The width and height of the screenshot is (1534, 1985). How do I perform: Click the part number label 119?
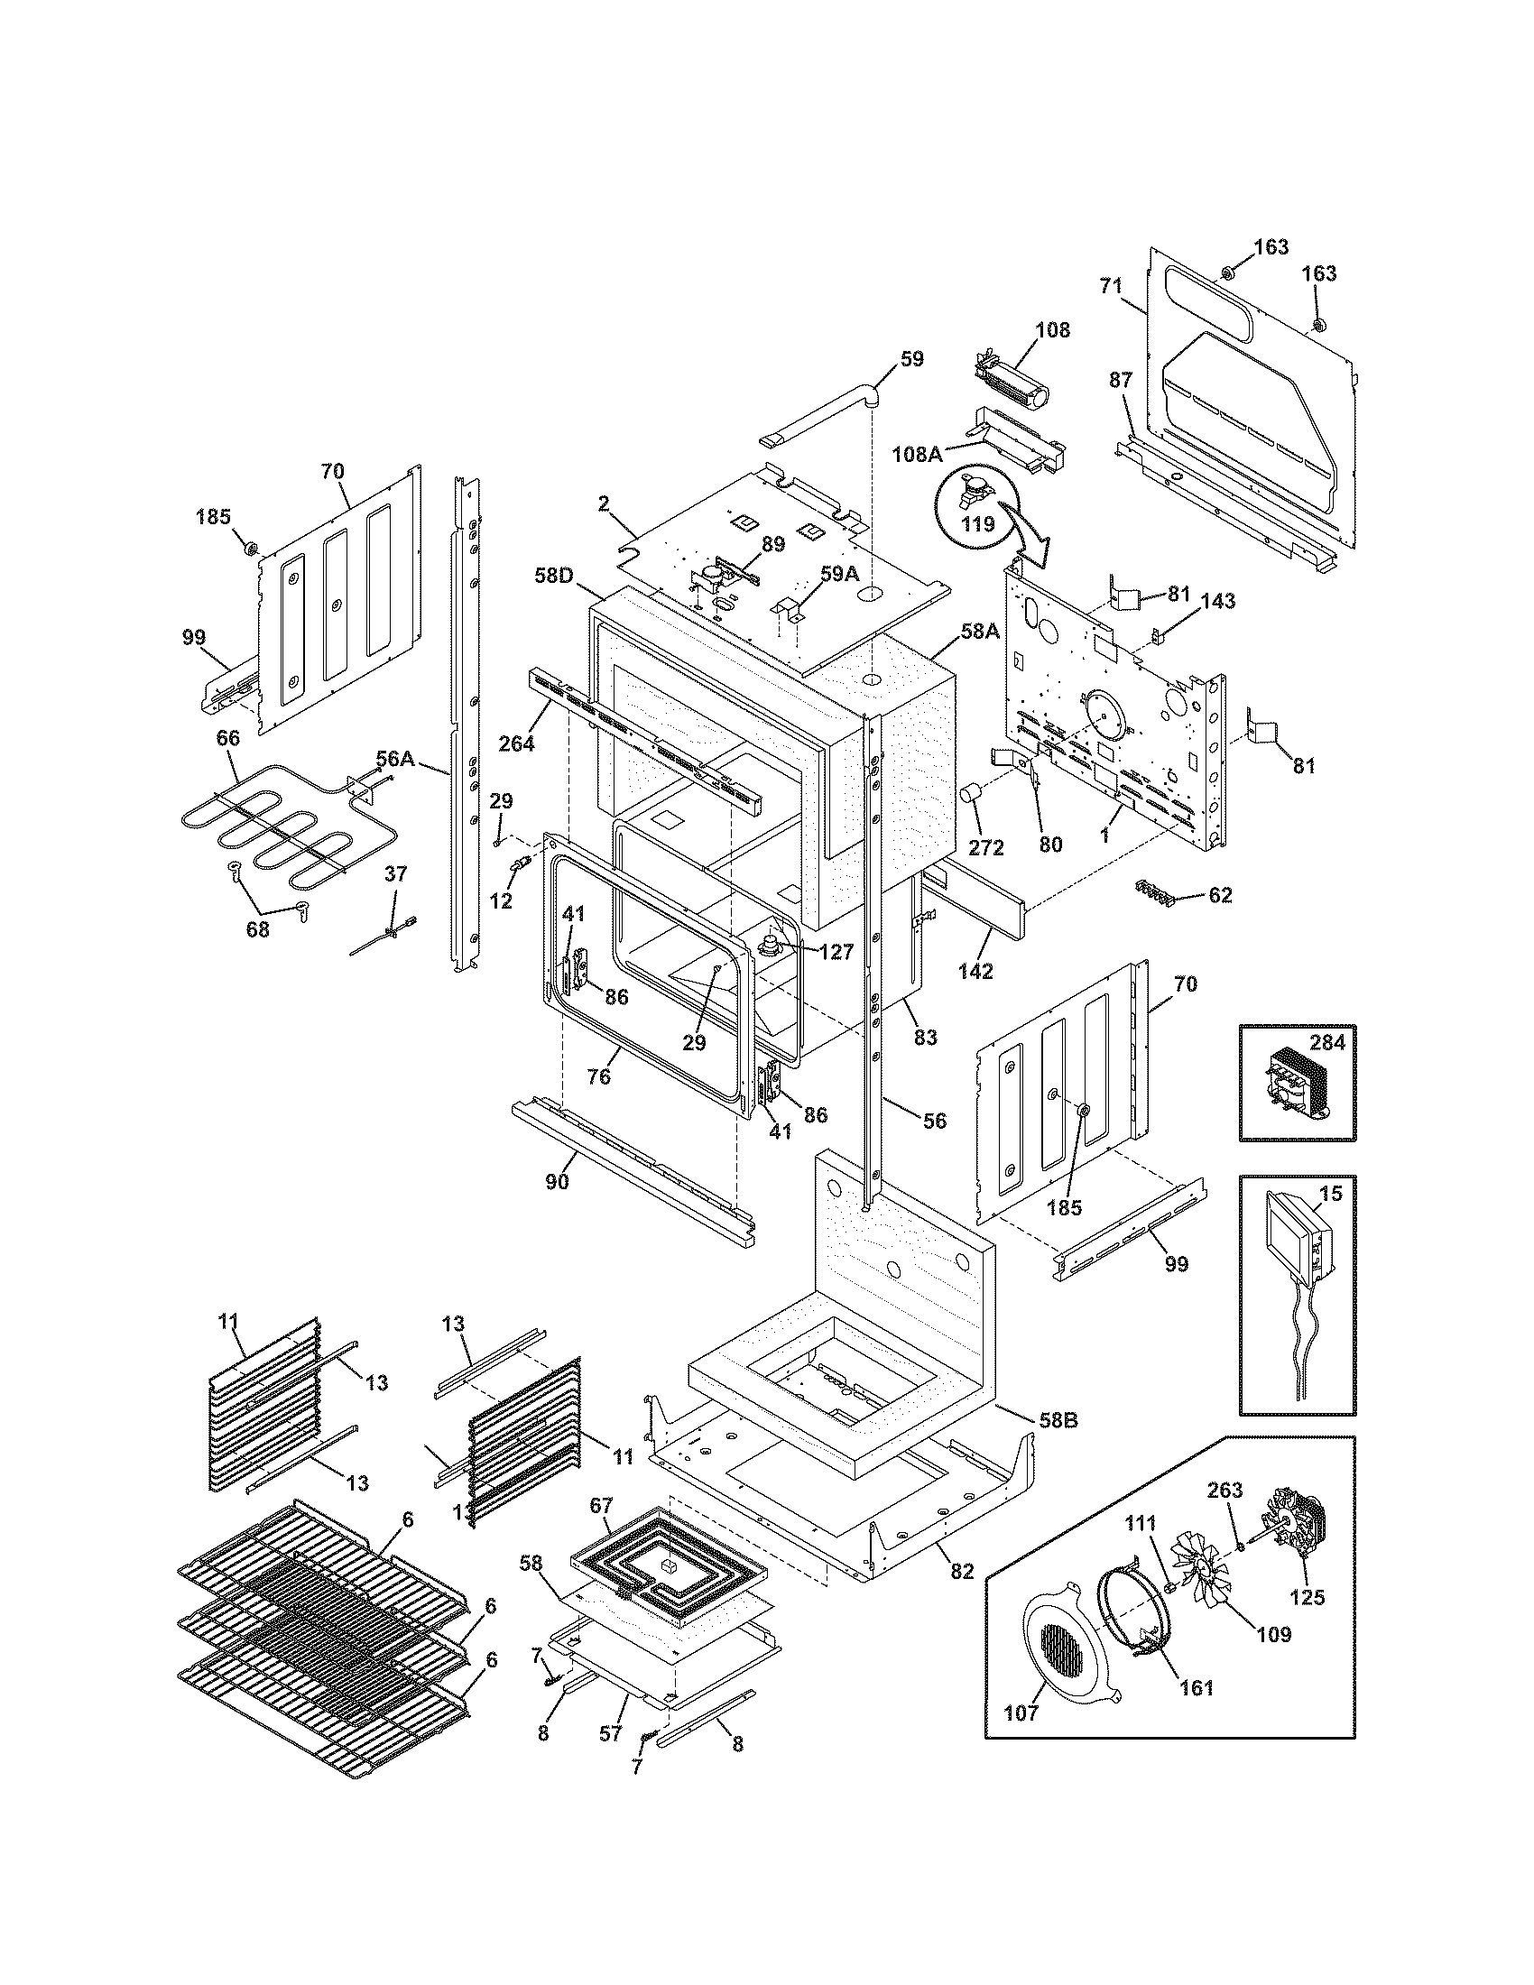(x=981, y=524)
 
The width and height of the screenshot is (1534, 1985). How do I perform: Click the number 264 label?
(x=516, y=743)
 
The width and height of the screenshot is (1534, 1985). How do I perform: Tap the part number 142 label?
(x=975, y=971)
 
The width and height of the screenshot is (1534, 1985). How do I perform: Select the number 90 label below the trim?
(x=556, y=1183)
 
